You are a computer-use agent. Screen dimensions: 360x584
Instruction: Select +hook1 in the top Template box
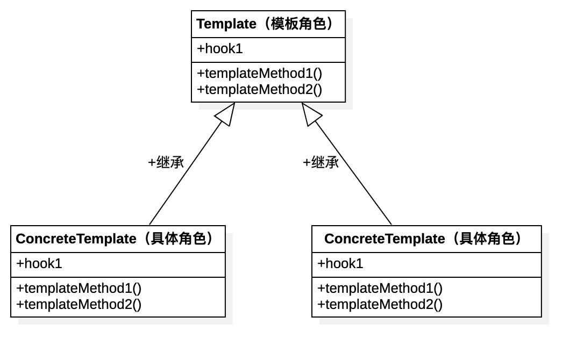click(x=220, y=49)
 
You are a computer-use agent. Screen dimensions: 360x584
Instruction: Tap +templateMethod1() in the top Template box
click(x=259, y=73)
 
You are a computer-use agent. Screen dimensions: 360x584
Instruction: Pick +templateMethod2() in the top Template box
click(x=259, y=89)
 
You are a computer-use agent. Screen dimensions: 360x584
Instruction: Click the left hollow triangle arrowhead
click(x=226, y=113)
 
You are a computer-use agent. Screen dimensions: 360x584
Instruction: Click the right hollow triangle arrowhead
click(x=310, y=113)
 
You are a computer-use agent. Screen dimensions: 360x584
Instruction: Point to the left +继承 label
click(x=166, y=162)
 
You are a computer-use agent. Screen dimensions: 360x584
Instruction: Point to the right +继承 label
click(x=321, y=162)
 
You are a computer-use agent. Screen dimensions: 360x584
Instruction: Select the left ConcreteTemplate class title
click(x=116, y=239)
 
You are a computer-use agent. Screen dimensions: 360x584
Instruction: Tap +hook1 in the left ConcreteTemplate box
click(x=39, y=264)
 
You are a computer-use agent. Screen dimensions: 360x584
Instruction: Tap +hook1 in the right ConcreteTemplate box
click(x=340, y=264)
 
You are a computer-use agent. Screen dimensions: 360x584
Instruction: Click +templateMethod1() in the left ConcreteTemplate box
click(x=79, y=288)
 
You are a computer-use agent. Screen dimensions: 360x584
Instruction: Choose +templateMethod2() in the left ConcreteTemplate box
click(x=79, y=305)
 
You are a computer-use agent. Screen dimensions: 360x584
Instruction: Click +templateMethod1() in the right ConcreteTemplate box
click(x=380, y=288)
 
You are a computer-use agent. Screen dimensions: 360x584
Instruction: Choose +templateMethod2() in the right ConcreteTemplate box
click(x=380, y=305)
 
